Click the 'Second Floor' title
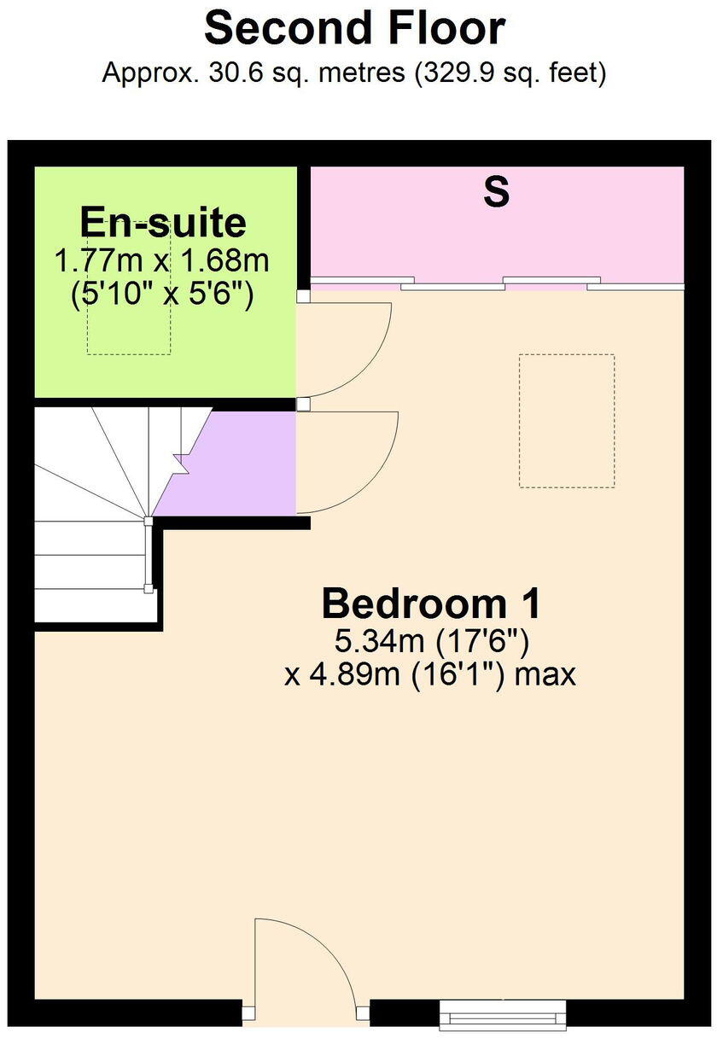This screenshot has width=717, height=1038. point(354,29)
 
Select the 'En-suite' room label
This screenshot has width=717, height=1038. point(163,223)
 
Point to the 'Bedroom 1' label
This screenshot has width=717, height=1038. point(431,604)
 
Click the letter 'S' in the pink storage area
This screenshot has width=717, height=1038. point(497,192)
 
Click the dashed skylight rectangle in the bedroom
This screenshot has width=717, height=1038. point(566,421)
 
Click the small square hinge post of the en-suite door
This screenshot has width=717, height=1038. point(303,296)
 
